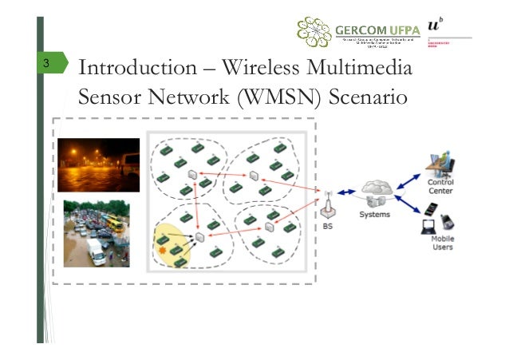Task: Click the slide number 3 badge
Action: (48, 65)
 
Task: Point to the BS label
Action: (328, 226)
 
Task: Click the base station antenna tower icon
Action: (327, 205)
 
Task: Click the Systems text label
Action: (374, 215)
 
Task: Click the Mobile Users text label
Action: (442, 243)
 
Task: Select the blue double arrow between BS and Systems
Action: (346, 192)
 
